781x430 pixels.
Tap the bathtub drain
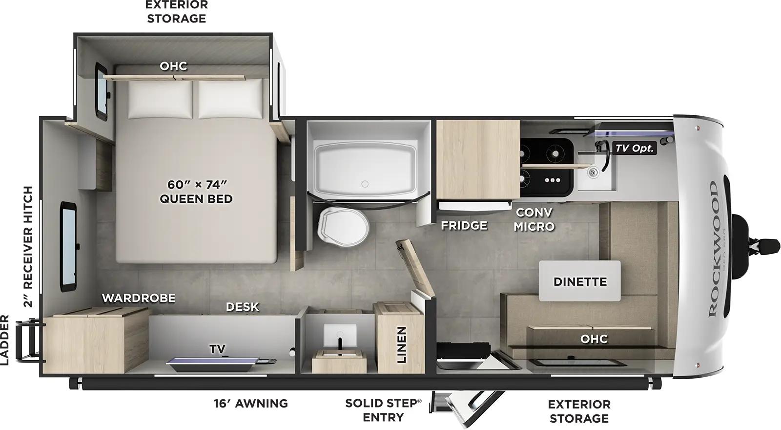(365, 184)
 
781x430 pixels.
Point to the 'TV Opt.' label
(634, 148)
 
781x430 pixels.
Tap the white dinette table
(580, 281)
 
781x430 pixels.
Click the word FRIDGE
(464, 225)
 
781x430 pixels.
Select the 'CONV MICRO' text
(534, 219)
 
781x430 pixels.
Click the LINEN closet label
(401, 345)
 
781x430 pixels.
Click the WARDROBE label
(138, 298)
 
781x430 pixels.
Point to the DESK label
(242, 307)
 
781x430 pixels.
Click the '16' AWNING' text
(250, 403)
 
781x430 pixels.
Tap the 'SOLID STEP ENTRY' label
(383, 410)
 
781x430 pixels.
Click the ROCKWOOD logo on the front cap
(713, 249)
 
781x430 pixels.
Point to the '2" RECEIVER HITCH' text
(29, 246)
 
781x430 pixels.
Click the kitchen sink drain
(593, 172)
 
